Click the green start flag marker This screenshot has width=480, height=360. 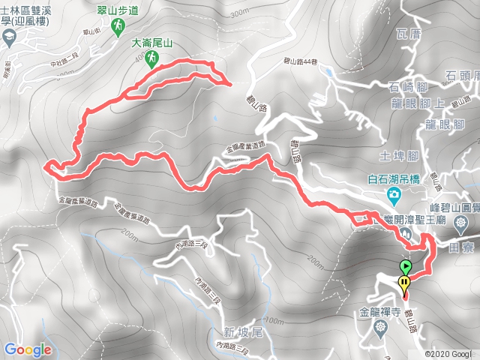406,266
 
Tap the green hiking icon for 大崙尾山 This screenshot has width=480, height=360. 152,58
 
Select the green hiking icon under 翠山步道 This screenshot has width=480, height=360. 117,28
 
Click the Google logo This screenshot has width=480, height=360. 28,349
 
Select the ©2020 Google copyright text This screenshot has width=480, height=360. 449,353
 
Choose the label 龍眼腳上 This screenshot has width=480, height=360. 415,103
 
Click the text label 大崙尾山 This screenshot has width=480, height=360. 152,43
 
